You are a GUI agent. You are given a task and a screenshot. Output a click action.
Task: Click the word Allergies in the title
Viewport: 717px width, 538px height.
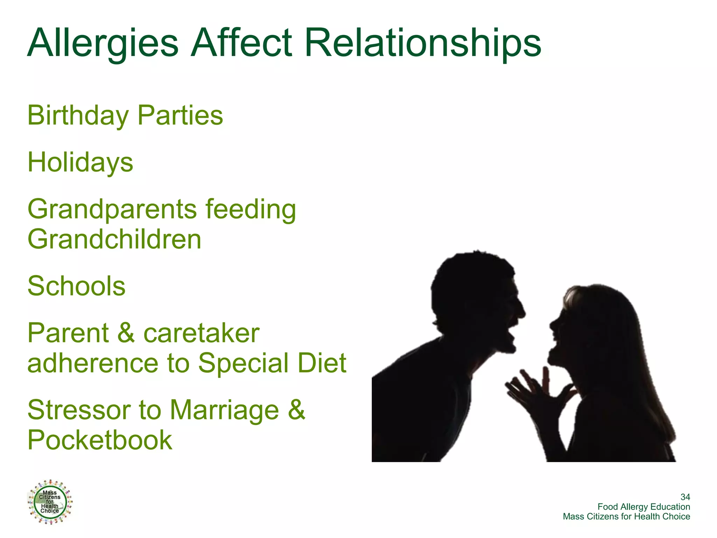103,43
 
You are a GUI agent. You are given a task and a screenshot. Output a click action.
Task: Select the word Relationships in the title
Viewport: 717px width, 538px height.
423,43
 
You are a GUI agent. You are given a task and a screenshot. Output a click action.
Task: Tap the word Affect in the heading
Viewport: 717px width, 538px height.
241,43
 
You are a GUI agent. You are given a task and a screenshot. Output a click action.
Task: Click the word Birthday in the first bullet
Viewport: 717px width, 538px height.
78,116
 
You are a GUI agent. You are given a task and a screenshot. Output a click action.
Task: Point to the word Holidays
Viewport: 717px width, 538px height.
80,163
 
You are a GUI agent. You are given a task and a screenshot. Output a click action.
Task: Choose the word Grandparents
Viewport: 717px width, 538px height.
112,209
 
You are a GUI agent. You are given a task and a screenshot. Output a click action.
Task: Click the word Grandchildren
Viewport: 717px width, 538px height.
114,240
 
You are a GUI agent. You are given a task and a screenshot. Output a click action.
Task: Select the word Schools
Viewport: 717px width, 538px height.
76,286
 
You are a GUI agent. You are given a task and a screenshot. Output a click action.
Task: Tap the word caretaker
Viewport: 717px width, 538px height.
201,333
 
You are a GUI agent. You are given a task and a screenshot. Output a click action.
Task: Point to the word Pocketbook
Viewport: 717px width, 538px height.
100,440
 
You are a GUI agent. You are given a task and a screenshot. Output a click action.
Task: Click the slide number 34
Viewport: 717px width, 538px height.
685,497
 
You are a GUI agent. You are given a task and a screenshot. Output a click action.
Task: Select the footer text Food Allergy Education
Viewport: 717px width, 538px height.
643,507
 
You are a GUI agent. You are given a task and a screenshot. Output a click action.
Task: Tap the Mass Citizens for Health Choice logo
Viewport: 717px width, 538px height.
50,502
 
